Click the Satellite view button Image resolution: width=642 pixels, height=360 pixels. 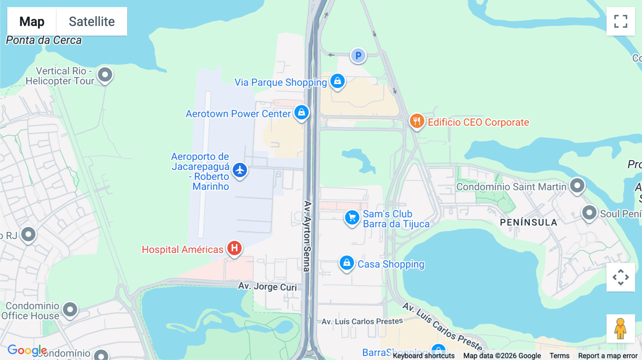(x=92, y=21)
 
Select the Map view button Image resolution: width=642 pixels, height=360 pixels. (x=32, y=21)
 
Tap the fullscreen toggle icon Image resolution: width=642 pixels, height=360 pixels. (x=621, y=21)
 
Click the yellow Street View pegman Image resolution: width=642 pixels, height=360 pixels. (x=621, y=329)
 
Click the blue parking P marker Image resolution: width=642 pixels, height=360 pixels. (x=358, y=56)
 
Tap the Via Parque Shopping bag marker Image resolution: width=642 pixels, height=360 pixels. (x=337, y=81)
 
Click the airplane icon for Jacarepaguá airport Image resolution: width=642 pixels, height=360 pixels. (x=240, y=170)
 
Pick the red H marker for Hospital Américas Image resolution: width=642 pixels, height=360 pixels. (x=234, y=248)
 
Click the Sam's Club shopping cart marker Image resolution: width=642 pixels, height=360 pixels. (x=352, y=217)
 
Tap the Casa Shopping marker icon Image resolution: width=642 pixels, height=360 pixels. (x=346, y=263)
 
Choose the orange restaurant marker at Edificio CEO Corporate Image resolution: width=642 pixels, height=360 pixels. (x=417, y=121)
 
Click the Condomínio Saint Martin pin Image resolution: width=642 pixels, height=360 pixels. (x=577, y=185)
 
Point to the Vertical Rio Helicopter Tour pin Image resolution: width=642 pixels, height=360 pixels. (x=105, y=75)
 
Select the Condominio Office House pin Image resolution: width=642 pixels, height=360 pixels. (x=70, y=309)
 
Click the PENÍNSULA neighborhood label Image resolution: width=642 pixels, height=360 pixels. (x=528, y=222)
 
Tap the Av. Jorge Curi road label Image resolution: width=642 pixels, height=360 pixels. (x=267, y=286)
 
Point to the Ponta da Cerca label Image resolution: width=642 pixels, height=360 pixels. (x=44, y=40)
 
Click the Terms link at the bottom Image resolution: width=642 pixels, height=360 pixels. (x=559, y=355)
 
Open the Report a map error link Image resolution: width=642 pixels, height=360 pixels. (x=608, y=355)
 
